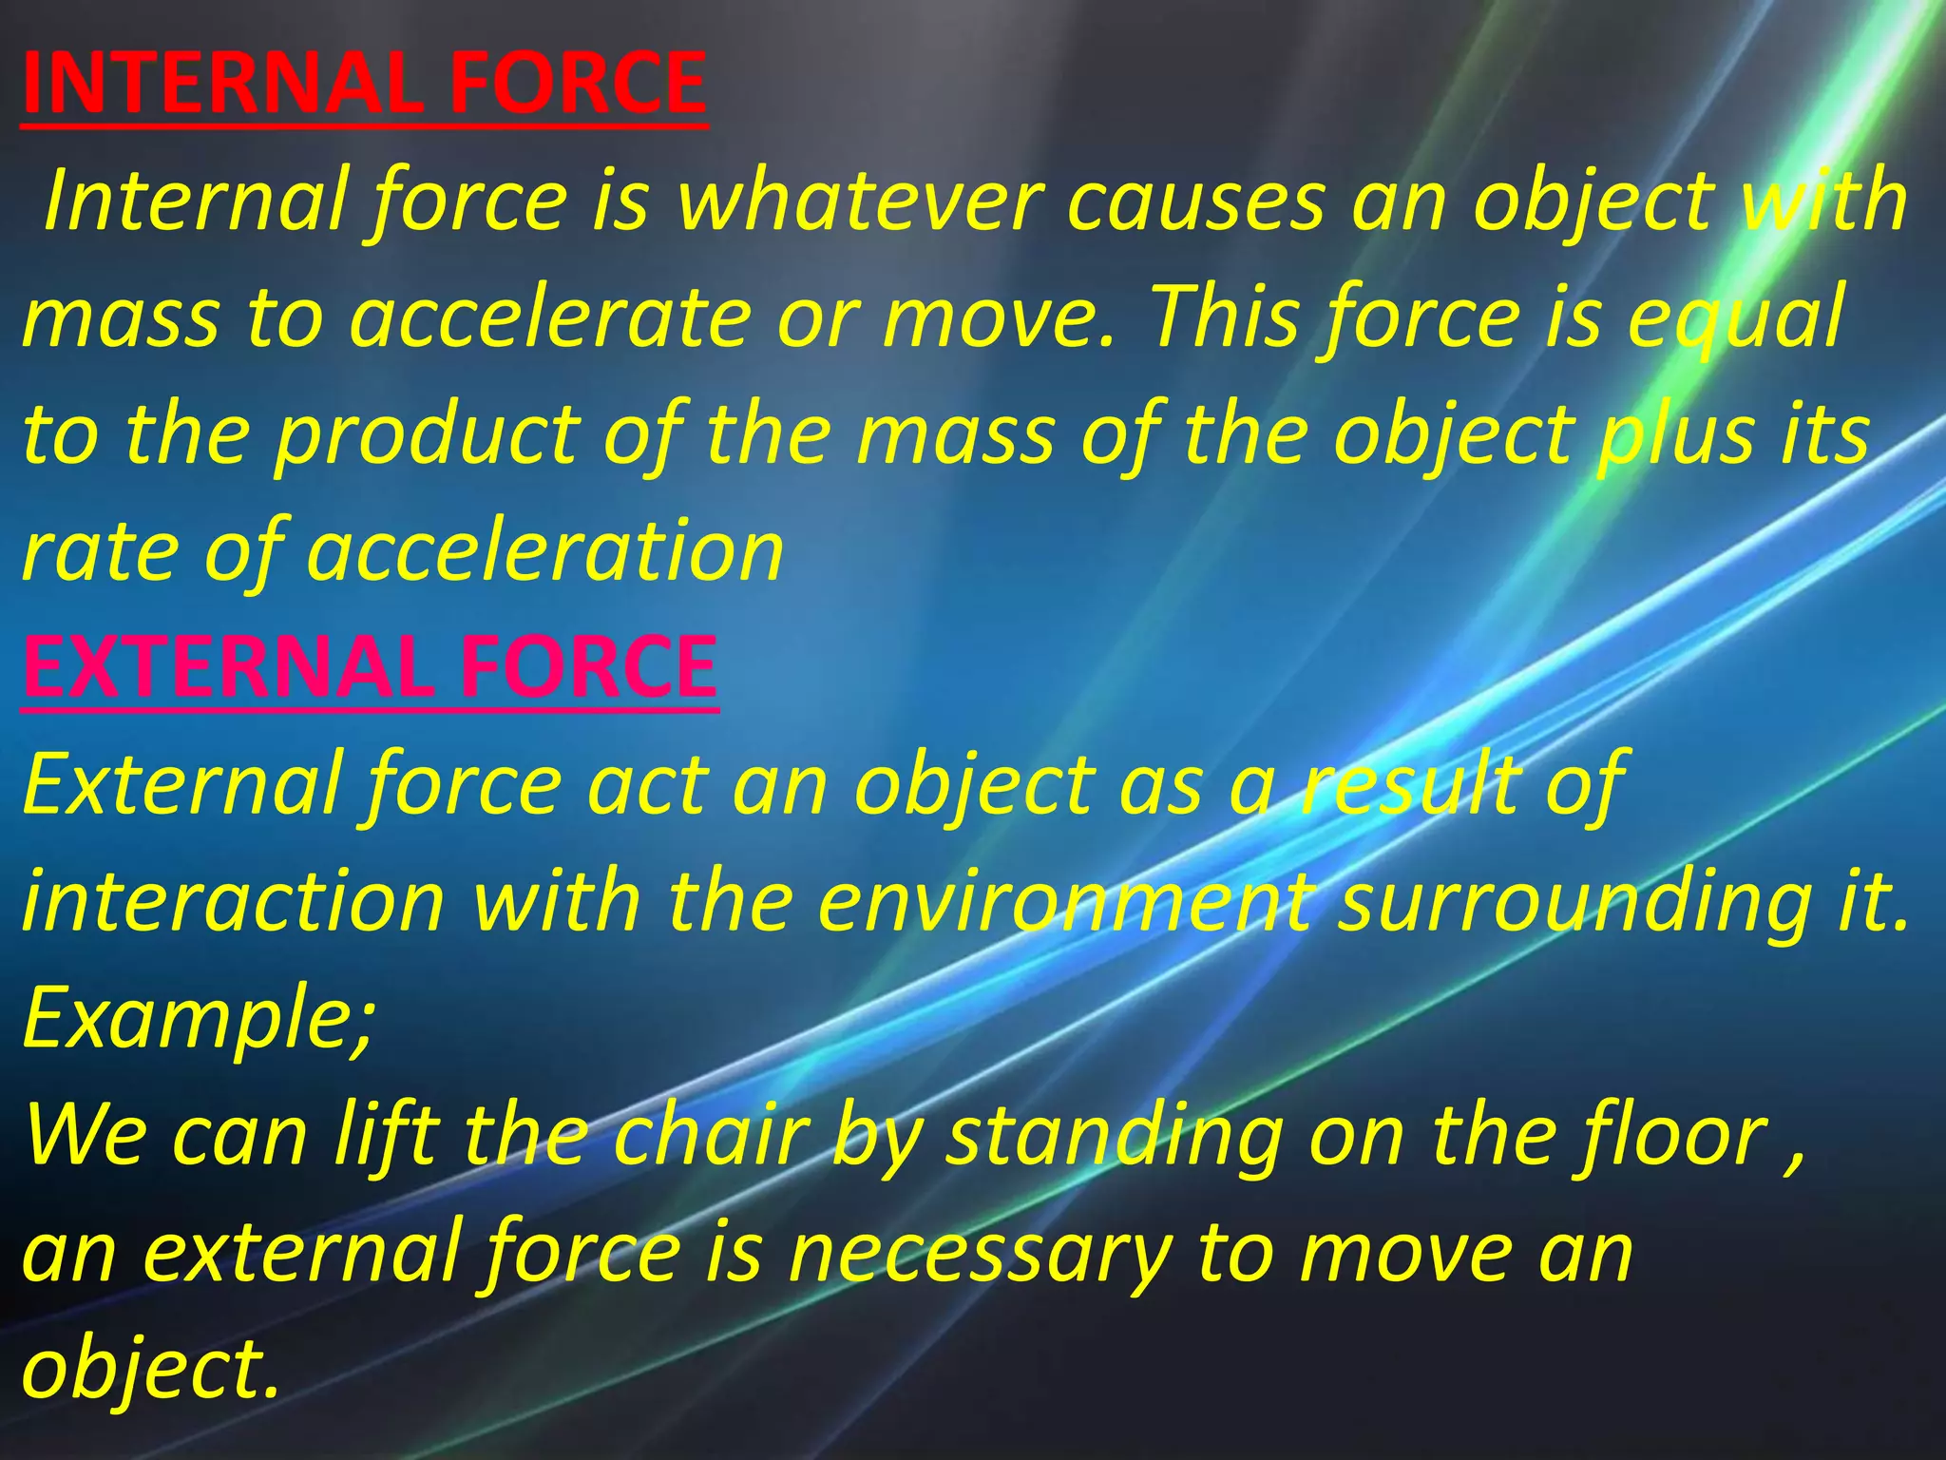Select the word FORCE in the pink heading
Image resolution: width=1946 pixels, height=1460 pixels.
click(x=588, y=666)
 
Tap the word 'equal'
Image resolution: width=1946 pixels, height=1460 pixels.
click(x=1736, y=318)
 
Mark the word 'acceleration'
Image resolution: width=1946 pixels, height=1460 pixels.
click(x=545, y=552)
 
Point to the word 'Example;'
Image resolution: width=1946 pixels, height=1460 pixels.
click(x=199, y=1018)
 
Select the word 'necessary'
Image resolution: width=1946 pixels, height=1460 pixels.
click(x=980, y=1253)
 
